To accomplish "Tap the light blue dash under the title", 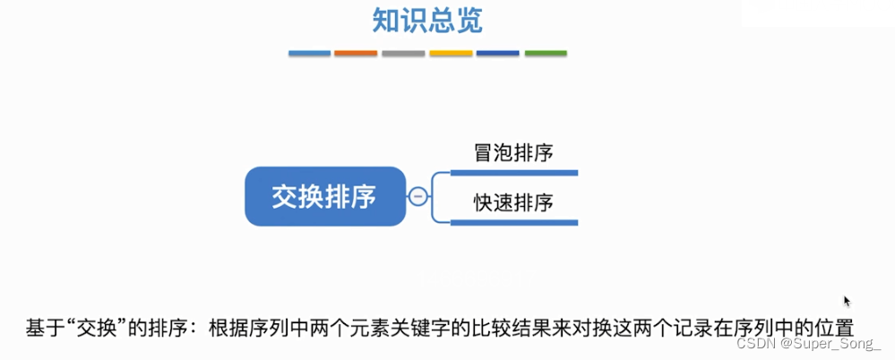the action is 309,54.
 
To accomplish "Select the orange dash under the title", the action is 356,54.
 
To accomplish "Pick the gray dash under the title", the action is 403,54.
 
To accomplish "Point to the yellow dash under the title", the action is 451,54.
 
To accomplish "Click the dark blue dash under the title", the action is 498,54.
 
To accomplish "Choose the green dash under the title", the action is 546,54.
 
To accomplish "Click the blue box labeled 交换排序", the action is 323,196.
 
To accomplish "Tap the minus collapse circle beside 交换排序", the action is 417,196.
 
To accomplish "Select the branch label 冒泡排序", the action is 513,152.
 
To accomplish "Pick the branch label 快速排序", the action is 513,203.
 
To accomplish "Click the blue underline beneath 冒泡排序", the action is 513,172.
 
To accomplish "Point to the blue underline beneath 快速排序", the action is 513,222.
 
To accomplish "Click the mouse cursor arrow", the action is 847,302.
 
